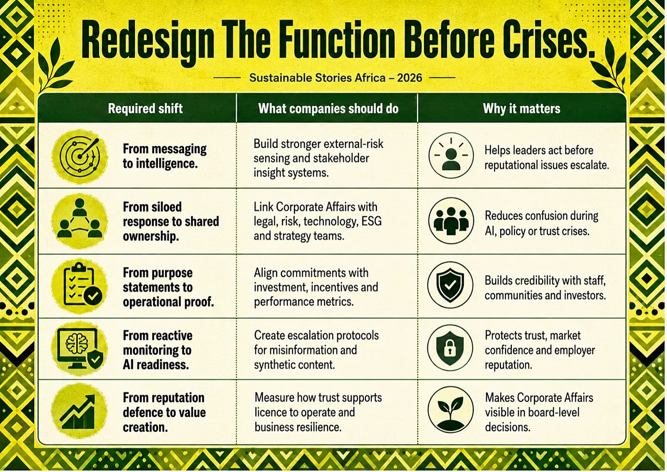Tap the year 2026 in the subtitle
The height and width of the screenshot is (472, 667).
coord(410,78)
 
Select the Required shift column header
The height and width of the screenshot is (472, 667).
coord(146,108)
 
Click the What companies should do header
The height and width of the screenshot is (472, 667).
coord(328,109)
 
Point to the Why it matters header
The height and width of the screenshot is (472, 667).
coord(521,109)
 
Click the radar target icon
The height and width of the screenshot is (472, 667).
coord(80,157)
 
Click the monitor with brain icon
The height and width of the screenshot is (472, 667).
coord(80,349)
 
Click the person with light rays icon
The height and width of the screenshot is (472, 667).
coord(451,156)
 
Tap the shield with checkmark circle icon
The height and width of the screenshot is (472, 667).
coord(450,285)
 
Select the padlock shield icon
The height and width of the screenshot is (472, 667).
coord(450,348)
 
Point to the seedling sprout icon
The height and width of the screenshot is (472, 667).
coord(451,410)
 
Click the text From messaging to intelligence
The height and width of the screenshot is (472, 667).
coord(165,156)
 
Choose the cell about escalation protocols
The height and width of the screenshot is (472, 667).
coord(316,350)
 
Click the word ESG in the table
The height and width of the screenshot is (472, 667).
coord(371,221)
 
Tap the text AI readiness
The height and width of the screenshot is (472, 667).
coord(156,365)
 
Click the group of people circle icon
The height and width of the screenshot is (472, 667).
coord(451,221)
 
